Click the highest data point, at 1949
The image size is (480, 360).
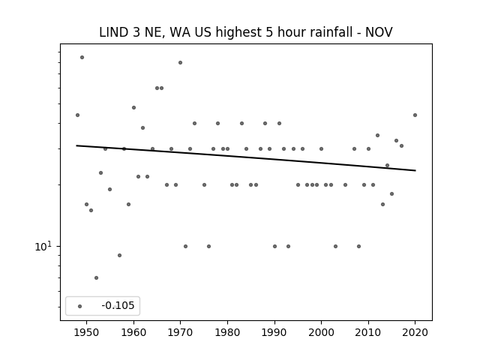82,57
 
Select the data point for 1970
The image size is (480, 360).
180,62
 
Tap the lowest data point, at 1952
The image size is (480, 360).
96,277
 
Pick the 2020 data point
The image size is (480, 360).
415,115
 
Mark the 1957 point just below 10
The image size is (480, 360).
119,255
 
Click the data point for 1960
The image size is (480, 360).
133,107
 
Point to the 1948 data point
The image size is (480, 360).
77,115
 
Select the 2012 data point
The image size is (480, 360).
377,135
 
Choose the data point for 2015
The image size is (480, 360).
391,193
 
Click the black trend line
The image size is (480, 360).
246,158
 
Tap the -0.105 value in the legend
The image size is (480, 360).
118,305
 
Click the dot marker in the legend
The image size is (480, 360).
80,306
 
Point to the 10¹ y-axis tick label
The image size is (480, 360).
43,246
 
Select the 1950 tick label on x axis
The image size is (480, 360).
87,332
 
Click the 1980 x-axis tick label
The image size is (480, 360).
227,332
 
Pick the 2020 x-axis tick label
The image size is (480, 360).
415,332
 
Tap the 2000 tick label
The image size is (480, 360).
322,332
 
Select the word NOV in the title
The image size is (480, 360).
379,32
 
